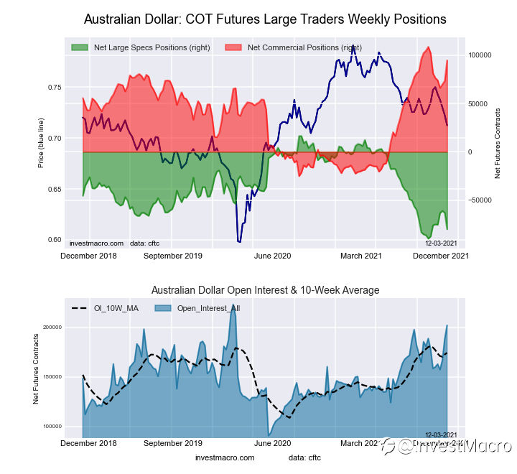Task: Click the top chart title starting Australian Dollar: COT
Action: (265, 19)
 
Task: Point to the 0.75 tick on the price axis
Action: (55, 88)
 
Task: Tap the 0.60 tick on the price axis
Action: (55, 240)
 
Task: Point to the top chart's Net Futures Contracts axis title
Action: (497, 144)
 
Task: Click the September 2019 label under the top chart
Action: (173, 255)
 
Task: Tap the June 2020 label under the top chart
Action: (273, 255)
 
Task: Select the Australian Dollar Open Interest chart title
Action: (265, 290)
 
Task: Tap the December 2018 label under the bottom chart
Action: (89, 444)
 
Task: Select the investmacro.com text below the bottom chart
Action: (225, 457)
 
